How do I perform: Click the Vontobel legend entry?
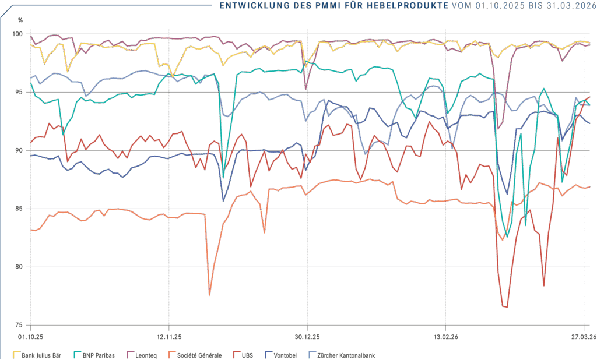click(x=286, y=355)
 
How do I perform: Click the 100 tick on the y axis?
click(x=18, y=34)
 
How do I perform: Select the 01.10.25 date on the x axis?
click(x=30, y=337)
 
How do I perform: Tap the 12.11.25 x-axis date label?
click(x=168, y=337)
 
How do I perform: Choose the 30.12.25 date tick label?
click(x=307, y=337)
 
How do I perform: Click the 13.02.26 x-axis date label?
click(x=445, y=337)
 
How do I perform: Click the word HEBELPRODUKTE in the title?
click(x=408, y=6)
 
